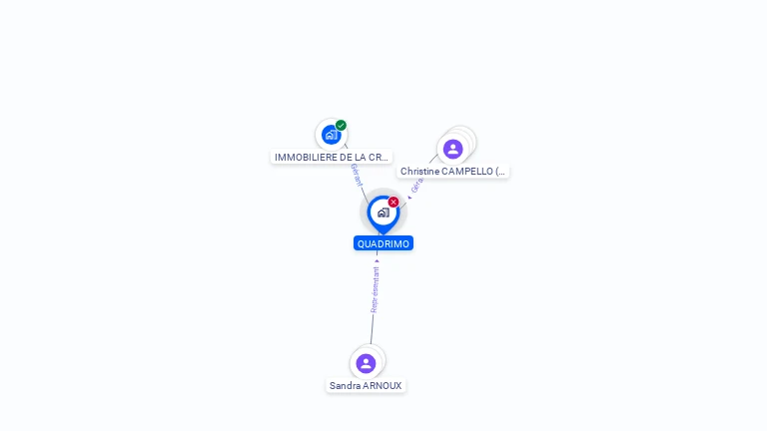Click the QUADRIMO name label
383,243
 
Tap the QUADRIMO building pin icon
383,212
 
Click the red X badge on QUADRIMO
393,203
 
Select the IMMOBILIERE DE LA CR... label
331,158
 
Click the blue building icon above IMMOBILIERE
331,135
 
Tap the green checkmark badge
341,126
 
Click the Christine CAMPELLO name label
453,172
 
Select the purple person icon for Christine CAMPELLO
452,149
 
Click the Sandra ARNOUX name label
366,386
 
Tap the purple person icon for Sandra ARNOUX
366,363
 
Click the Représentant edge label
376,289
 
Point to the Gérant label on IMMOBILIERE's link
357,176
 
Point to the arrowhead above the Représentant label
378,259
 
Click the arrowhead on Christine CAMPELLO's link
409,197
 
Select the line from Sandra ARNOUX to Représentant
373,329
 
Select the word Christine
419,172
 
